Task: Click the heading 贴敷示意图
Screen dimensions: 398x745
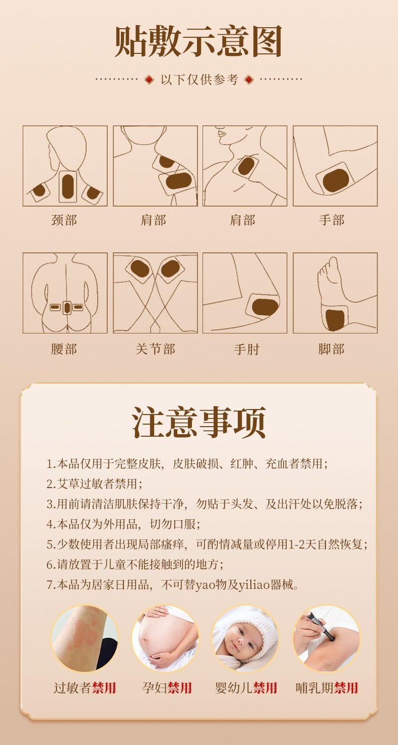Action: tap(198, 42)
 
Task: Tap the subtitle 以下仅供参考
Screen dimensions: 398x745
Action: tap(200, 80)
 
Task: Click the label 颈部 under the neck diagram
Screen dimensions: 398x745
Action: tap(64, 220)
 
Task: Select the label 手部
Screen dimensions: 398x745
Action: tap(331, 220)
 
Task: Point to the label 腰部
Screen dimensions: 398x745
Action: tap(64, 349)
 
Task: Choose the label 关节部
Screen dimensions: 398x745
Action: tap(155, 349)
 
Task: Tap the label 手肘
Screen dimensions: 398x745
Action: tap(246, 349)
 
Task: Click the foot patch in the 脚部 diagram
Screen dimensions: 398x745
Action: tap(335, 320)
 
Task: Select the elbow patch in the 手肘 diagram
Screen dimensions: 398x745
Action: tap(264, 307)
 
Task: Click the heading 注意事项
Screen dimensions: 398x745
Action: tap(199, 422)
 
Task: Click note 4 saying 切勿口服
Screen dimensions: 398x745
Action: tap(123, 524)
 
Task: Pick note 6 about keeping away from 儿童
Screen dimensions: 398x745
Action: tap(135, 564)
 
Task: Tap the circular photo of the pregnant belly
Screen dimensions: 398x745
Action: tap(165, 638)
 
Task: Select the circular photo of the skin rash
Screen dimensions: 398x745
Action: tap(85, 638)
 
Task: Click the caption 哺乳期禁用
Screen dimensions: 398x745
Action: tap(327, 688)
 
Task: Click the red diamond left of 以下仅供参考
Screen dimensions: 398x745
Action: tap(149, 80)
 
